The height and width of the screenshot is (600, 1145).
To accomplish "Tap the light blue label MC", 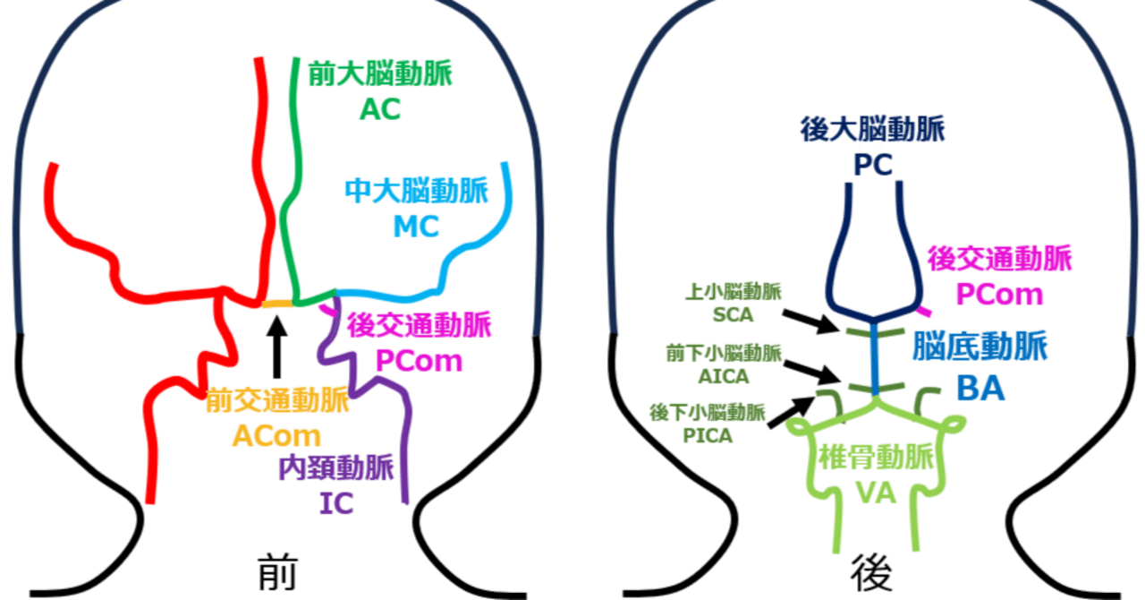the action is pyautogui.click(x=416, y=227).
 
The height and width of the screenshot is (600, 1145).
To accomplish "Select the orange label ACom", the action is pyautogui.click(x=277, y=435).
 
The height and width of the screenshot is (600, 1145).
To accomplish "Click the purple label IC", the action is pyautogui.click(x=336, y=504).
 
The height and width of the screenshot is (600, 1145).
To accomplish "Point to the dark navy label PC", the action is pyautogui.click(x=872, y=167).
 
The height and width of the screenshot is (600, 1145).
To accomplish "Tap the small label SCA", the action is pyautogui.click(x=734, y=315).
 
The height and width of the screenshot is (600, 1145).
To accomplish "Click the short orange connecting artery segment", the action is pyautogui.click(x=277, y=305).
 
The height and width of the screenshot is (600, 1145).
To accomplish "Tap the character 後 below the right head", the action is pyautogui.click(x=869, y=570).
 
